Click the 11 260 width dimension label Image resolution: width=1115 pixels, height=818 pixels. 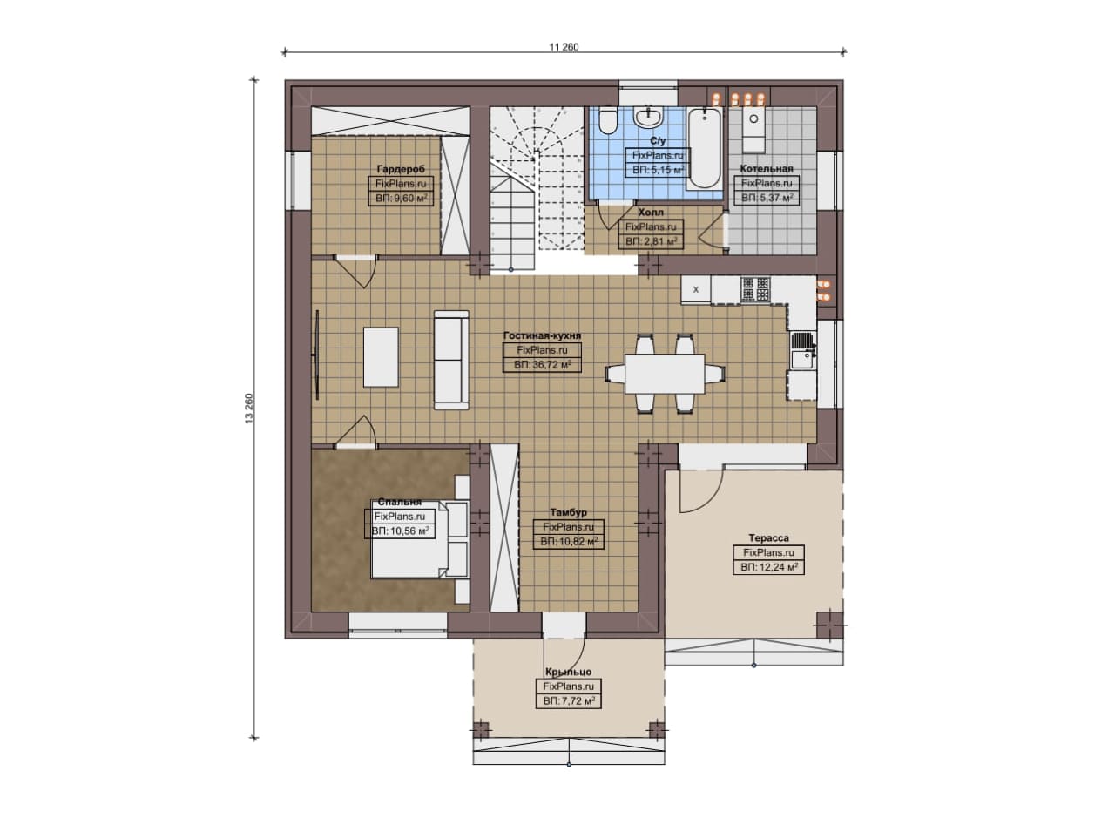click(x=564, y=47)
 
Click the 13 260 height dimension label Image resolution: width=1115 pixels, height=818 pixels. click(x=249, y=409)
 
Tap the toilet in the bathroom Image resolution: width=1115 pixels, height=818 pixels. click(x=607, y=120)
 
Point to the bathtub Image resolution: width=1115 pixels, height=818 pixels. click(x=705, y=148)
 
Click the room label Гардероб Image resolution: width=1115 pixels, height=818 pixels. click(x=401, y=169)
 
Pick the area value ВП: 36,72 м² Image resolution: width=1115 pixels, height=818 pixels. click(x=543, y=365)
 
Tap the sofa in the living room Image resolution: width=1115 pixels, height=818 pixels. click(x=451, y=360)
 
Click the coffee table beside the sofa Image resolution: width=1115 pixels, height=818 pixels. click(x=381, y=357)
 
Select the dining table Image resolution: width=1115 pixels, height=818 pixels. click(x=665, y=374)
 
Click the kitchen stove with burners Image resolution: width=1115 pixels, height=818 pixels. click(x=755, y=289)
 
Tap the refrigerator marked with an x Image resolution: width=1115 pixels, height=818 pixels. click(x=696, y=289)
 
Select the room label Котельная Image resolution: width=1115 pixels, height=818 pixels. click(x=766, y=168)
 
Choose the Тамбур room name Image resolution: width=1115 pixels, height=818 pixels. click(x=569, y=512)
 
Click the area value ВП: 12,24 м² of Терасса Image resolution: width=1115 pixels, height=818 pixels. click(x=769, y=567)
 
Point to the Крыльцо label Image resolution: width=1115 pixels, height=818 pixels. click(x=569, y=672)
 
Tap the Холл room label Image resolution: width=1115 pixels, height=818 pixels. click(x=651, y=212)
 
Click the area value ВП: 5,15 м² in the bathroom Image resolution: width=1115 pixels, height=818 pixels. click(x=658, y=170)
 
